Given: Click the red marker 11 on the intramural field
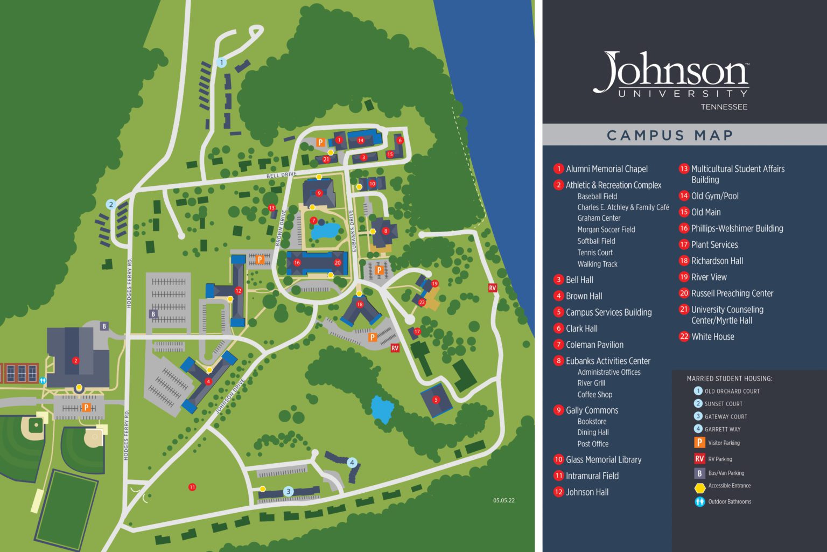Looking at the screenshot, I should [x=192, y=487].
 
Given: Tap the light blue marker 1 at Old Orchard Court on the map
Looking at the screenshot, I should [x=221, y=62].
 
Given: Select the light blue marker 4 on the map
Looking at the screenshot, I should [x=352, y=463].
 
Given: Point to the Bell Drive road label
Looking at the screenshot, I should [x=282, y=175].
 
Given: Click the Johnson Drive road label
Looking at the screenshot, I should [x=230, y=396].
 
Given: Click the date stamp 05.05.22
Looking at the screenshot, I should [x=503, y=500].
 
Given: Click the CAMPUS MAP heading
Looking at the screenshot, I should [x=670, y=135].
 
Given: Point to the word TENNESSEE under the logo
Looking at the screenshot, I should [x=724, y=107].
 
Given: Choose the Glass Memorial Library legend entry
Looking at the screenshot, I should [x=603, y=459].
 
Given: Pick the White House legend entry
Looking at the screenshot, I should [x=712, y=337].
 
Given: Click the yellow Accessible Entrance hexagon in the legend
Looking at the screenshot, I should [x=699, y=488].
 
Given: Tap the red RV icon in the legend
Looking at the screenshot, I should [x=699, y=459].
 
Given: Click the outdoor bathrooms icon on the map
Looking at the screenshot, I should [x=43, y=380].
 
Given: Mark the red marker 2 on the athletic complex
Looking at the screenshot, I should [x=76, y=361].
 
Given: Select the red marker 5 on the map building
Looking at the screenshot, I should [x=436, y=400].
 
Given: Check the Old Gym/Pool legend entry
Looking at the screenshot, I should [x=714, y=196].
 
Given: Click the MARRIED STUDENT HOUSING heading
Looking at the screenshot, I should [x=729, y=379].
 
